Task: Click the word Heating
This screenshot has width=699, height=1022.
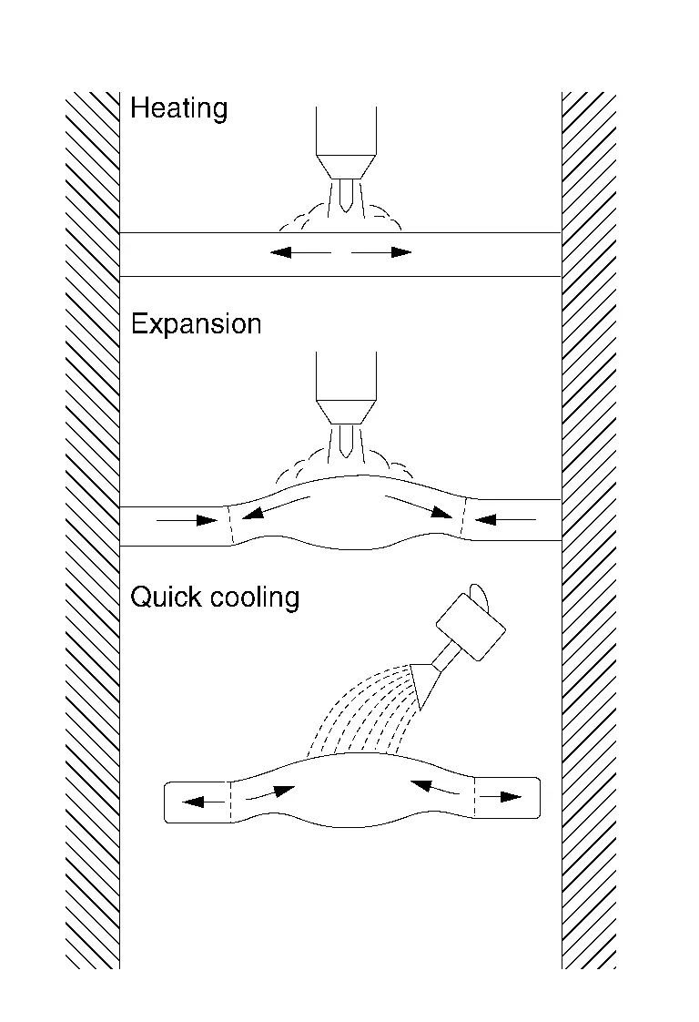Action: point(178,109)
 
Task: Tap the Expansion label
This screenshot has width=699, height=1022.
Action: point(196,325)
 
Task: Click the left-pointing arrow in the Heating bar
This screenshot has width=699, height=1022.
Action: point(299,252)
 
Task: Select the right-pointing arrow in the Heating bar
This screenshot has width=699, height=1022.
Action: point(382,252)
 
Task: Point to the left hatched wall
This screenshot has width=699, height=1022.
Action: point(93,528)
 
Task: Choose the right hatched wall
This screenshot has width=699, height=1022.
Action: point(589,528)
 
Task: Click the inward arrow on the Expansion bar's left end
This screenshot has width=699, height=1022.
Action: point(187,521)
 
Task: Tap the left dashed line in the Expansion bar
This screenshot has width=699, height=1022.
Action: point(230,523)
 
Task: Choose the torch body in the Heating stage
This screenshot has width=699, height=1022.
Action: point(345,132)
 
